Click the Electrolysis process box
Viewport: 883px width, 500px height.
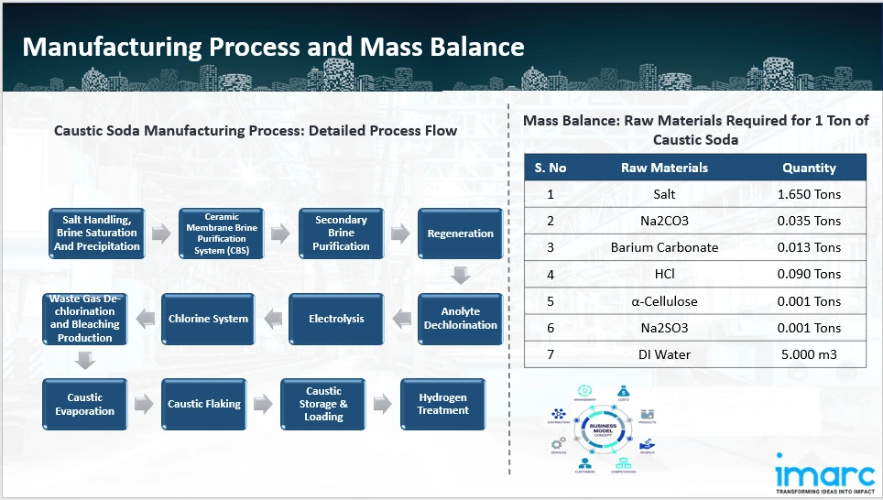click(x=336, y=319)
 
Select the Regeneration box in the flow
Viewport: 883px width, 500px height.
click(x=460, y=234)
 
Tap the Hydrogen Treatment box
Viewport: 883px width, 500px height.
click(x=443, y=404)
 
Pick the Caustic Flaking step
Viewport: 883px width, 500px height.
click(x=204, y=404)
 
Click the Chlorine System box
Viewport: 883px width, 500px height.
click(x=208, y=319)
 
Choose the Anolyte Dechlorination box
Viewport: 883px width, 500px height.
click(x=461, y=319)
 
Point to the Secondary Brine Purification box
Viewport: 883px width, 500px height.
click(x=341, y=234)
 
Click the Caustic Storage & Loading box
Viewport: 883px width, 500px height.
click(x=323, y=404)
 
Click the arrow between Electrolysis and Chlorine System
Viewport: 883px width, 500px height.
click(x=271, y=319)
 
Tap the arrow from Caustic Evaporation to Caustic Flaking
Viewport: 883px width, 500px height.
click(x=144, y=404)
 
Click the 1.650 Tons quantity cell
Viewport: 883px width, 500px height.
click(x=809, y=194)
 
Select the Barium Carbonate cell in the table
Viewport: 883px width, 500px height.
click(x=664, y=247)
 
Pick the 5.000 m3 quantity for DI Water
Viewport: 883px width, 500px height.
click(x=809, y=354)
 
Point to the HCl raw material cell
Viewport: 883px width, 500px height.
click(x=664, y=274)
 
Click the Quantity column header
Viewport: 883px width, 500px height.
click(x=809, y=168)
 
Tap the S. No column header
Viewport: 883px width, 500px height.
click(x=551, y=168)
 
